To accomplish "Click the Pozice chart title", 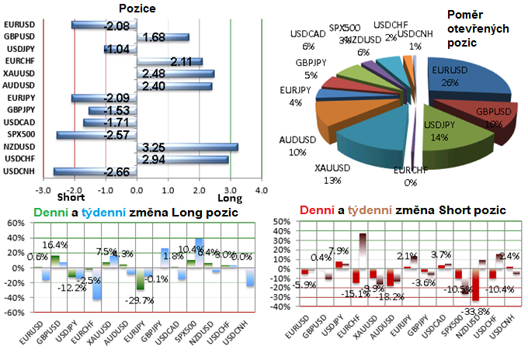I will point(137,8).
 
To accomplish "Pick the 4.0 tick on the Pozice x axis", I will point(262,189).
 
